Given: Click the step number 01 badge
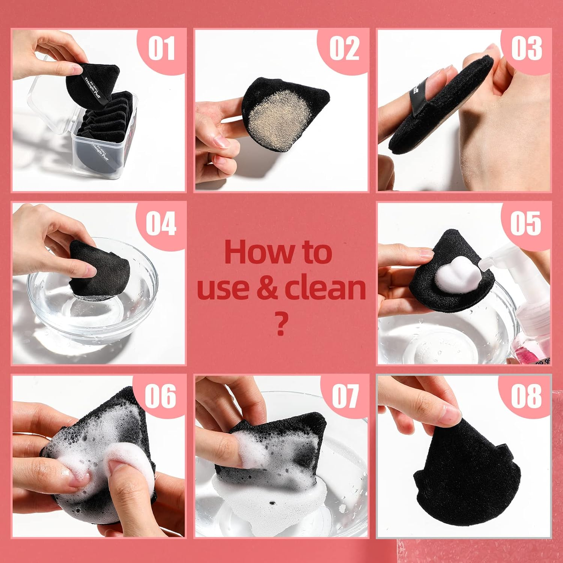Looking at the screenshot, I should [x=161, y=49].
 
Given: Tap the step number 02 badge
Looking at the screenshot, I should [x=344, y=49].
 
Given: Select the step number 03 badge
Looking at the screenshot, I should [x=526, y=49].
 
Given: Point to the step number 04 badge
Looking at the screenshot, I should [x=161, y=224].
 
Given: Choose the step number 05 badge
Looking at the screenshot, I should [x=525, y=224].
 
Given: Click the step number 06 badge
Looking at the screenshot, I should [x=161, y=396].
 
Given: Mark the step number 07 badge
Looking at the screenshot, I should [x=345, y=396].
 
